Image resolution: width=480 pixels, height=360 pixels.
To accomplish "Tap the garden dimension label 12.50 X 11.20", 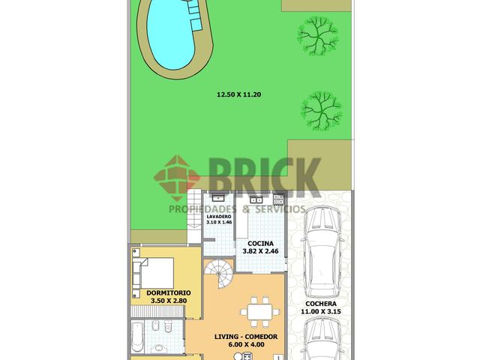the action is pos(238,94).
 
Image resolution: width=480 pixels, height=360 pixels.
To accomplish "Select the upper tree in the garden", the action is pos(318,36).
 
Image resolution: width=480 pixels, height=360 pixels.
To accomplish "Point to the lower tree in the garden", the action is pos(322,110).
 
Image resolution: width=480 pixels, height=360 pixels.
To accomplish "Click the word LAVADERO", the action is pos(219,217).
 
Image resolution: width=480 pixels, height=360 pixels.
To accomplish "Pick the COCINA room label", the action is pos(260,244).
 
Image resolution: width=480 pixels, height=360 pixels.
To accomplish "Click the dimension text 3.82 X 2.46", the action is pos(260,251).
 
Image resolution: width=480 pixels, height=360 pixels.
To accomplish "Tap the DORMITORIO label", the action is pos(169,293).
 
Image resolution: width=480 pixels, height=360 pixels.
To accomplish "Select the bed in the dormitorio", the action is pos(153,273).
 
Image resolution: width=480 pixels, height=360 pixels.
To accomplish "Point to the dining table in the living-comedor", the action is pos(260,312).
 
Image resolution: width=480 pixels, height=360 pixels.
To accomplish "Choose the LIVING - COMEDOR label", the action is pos(246,337).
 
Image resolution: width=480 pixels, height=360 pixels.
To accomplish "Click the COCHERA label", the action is pos(321,304).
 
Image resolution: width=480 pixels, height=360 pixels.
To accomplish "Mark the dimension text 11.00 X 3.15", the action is pos(321,312).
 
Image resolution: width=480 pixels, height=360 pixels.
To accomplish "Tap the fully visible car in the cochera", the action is pos(322,252).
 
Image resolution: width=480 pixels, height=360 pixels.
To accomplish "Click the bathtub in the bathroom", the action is pos(137,337).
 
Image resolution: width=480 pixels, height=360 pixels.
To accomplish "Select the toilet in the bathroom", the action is pos(168,326).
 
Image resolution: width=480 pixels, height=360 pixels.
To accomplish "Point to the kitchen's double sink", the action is pos(256,199).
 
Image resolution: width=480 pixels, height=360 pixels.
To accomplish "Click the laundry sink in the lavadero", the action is pos(218,198).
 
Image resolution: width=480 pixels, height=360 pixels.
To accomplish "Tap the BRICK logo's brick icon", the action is pos(177,178).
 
